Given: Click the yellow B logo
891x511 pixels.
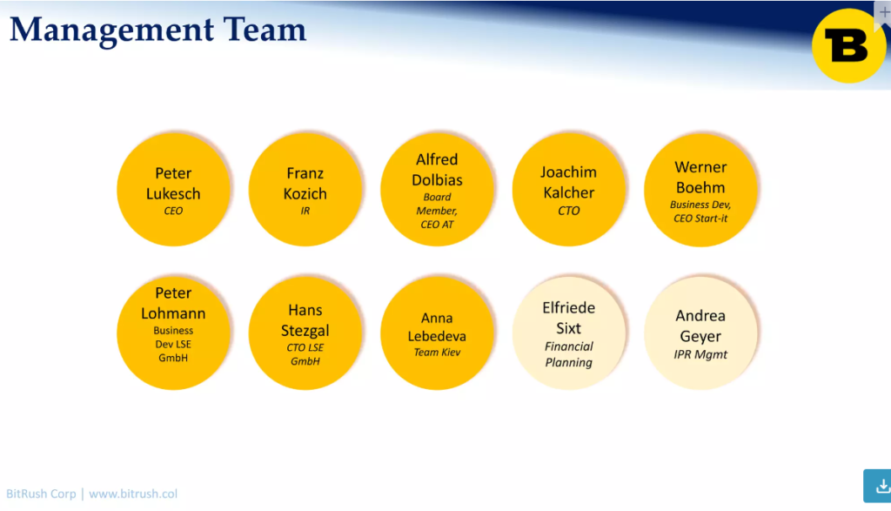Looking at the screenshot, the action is point(848,45).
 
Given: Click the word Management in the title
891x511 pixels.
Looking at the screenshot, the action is point(112,30).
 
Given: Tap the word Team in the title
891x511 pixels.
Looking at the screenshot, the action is point(265,30).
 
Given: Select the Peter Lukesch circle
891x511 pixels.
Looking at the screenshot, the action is point(173,189).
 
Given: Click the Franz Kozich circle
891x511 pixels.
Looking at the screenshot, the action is point(305,189).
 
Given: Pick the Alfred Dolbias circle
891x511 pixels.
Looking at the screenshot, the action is point(437,189).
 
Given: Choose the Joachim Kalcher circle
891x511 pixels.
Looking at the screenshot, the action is point(569,189).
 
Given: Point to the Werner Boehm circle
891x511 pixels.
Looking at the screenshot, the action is point(700,189).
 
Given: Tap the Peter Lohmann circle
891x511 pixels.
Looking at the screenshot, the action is point(173,333).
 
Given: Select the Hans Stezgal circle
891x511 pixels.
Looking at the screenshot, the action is point(305,333).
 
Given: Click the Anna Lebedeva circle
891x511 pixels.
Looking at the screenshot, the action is point(437,333).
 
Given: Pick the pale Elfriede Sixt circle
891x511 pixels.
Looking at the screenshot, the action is point(569,333).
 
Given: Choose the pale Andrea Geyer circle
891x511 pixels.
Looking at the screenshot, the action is point(700,333).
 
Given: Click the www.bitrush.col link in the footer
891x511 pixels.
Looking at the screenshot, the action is point(133,494).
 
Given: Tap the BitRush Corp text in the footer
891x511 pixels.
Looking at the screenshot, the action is point(41,494).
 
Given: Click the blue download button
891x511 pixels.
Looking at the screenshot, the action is point(877,486).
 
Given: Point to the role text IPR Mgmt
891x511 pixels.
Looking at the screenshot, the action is point(700,354).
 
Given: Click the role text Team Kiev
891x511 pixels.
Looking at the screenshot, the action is point(437,353).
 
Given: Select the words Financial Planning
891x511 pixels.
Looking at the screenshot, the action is point(569,354).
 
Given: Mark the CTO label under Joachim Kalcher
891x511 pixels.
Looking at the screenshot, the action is point(569,211).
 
